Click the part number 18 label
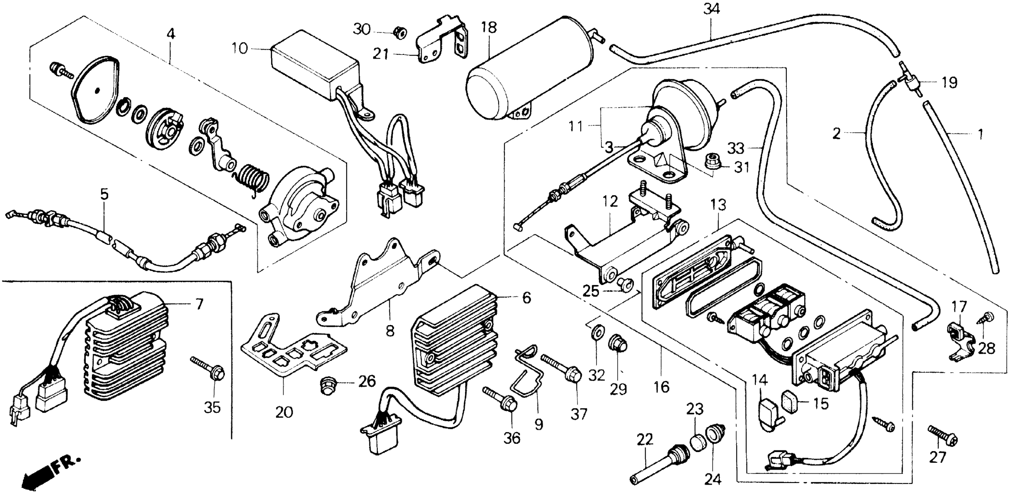click(489, 28)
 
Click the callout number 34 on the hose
click(711, 8)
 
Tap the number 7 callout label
click(199, 303)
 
